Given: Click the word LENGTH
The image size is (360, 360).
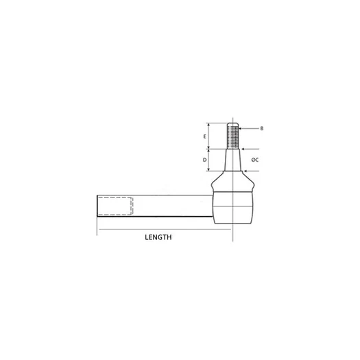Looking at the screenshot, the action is (158, 237).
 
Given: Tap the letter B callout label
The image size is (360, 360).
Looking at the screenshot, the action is (262, 128).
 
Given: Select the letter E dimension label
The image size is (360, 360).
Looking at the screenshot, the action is (204, 136).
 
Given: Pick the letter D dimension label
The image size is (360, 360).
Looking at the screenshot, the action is (204, 160).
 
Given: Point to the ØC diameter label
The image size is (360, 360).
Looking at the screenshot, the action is (255, 160).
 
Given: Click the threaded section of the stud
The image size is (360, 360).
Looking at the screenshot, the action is (233, 137).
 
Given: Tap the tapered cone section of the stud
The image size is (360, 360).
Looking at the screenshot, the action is (233, 160).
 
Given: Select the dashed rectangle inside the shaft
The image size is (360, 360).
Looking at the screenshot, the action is (115, 206).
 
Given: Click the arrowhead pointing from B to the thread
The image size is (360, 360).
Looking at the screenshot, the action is (241, 129).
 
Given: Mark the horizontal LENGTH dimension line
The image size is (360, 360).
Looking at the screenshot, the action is (165, 229).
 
